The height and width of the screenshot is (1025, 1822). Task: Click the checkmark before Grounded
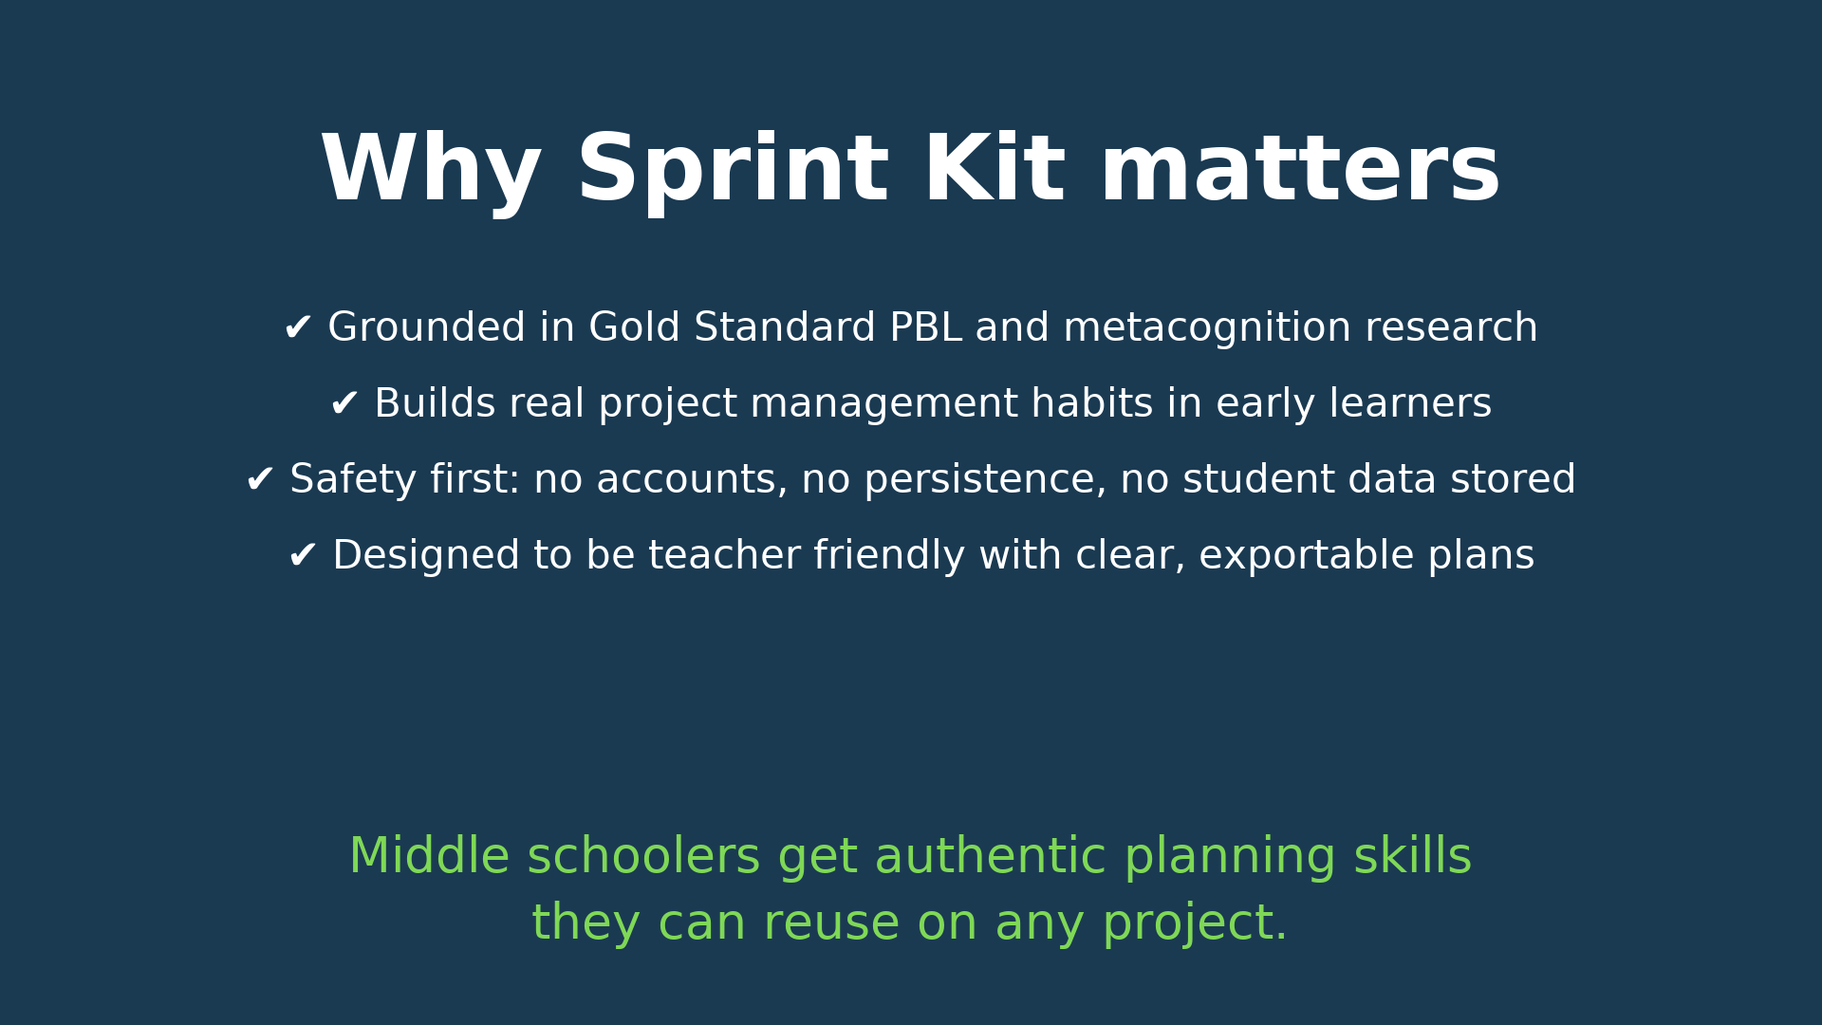[x=298, y=328]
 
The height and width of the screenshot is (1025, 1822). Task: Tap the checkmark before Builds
[x=344, y=404]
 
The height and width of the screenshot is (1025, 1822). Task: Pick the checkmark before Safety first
[x=260, y=480]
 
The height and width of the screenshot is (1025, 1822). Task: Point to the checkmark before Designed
[x=303, y=556]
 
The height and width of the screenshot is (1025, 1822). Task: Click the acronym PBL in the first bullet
[x=925, y=328]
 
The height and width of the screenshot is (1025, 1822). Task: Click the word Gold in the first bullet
[x=635, y=328]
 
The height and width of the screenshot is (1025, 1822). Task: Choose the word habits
[x=1091, y=404]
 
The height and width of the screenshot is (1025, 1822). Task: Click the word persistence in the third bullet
[x=985, y=480]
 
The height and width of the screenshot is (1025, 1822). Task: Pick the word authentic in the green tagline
[x=990, y=857]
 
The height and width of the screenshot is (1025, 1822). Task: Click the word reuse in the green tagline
[x=831, y=923]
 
